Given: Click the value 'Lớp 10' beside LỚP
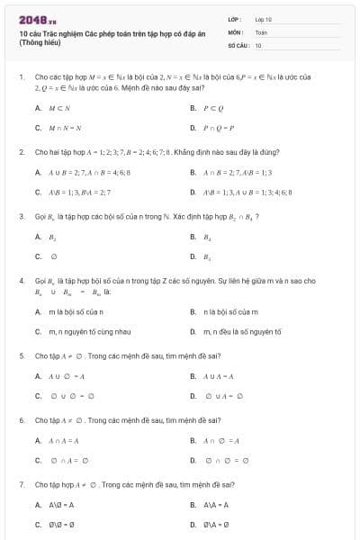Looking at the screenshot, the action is [263, 19].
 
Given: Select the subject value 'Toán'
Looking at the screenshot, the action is [261, 31].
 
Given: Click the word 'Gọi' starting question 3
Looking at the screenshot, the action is [40, 217].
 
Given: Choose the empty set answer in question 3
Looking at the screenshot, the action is [54, 256].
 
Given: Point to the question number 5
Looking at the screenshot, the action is [21, 356].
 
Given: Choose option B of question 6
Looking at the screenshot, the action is [220, 440].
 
